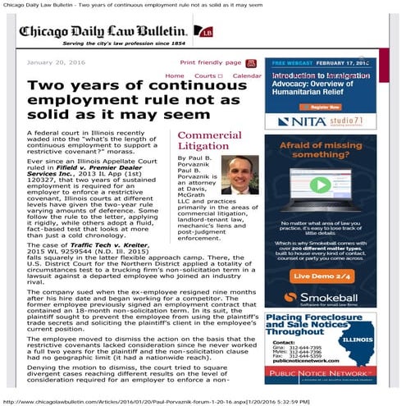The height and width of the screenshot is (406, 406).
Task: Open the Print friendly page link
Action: [x=211, y=62]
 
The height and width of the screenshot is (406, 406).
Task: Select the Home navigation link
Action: [x=175, y=75]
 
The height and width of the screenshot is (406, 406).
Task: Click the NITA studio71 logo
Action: [x=328, y=121]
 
